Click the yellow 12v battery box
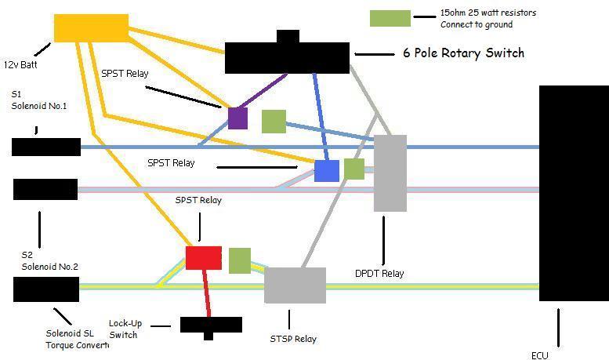(x=91, y=28)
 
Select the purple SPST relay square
(x=237, y=118)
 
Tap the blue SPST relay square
(x=327, y=171)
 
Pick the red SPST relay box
(x=204, y=258)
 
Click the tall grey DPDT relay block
(x=390, y=173)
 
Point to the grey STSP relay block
(x=295, y=285)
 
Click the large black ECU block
(x=574, y=193)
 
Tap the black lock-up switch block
(x=211, y=327)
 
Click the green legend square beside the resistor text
(x=390, y=18)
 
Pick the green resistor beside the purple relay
(x=274, y=122)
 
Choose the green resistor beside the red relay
(x=240, y=260)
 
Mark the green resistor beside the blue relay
(x=354, y=169)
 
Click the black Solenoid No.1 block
(x=46, y=147)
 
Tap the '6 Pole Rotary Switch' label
(x=464, y=53)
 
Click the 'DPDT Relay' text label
(x=379, y=273)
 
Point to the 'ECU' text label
(x=540, y=355)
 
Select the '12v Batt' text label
(x=20, y=64)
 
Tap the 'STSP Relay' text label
(x=293, y=339)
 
